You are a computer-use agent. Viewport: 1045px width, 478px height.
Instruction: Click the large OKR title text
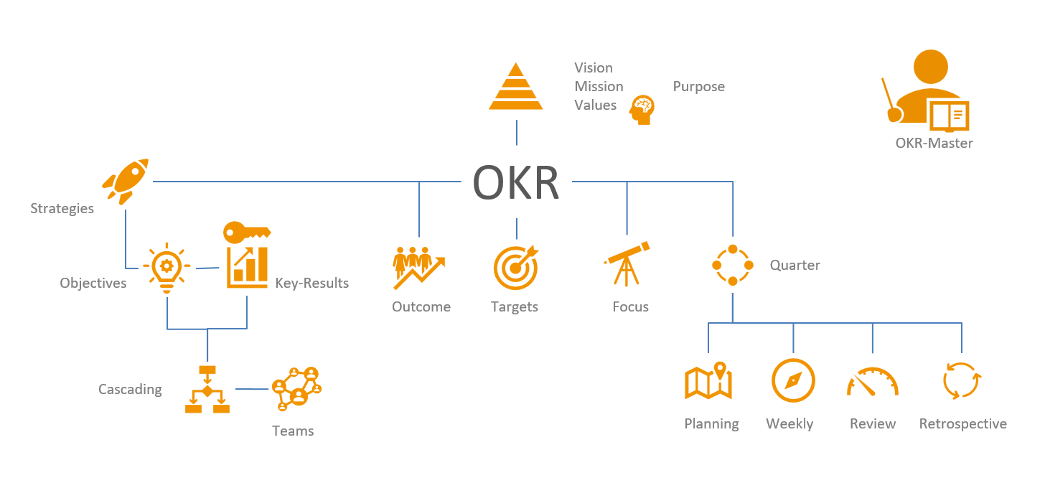point(516,183)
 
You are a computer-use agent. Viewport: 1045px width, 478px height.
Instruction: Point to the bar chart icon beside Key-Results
point(247,267)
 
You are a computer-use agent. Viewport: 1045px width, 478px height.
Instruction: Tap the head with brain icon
point(642,110)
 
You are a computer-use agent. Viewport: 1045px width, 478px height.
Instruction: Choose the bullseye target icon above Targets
point(515,267)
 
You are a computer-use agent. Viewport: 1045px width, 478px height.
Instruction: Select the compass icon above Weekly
point(793,380)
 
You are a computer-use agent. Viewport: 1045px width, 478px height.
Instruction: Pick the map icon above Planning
point(708,380)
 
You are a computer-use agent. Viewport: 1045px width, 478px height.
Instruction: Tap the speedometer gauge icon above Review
point(872,382)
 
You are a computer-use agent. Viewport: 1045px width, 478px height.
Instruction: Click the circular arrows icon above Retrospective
point(961,380)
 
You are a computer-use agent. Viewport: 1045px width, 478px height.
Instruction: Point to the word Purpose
point(698,87)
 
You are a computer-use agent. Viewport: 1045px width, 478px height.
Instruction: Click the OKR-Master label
point(934,143)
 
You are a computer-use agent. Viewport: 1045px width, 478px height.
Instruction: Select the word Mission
point(599,87)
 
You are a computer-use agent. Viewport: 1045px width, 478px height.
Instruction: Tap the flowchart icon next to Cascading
point(207,390)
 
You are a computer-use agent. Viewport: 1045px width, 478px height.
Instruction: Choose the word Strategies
point(62,209)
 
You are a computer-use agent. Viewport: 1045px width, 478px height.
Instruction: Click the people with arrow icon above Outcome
point(419,267)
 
